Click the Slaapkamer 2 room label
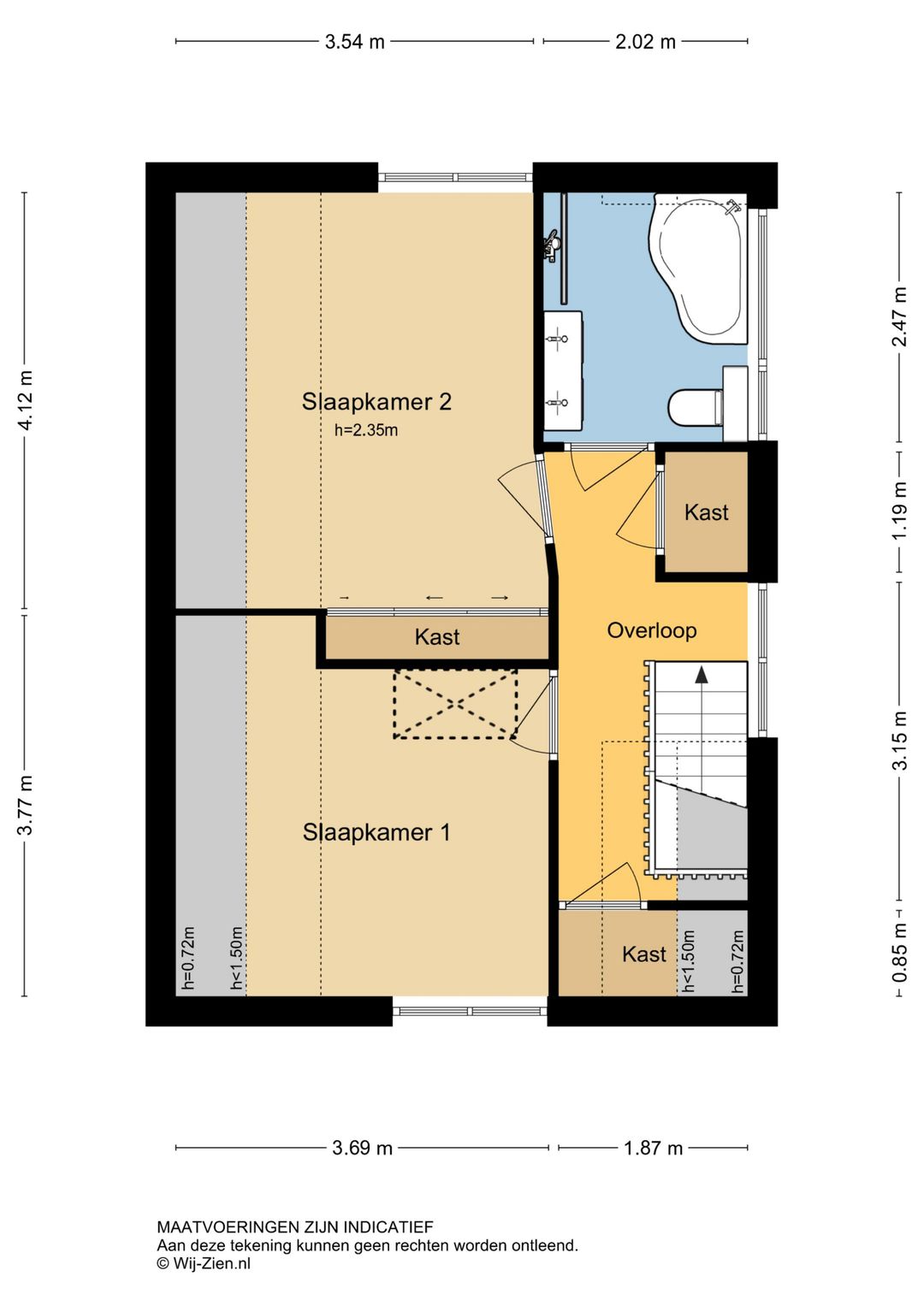tap(376, 402)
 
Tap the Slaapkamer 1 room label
tap(376, 832)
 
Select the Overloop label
tap(652, 630)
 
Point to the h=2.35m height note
tap(366, 430)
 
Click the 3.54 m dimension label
tap(355, 42)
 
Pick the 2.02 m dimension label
tap(645, 42)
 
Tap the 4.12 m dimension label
tap(26, 400)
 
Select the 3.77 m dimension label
tap(26, 805)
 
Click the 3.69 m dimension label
tap(362, 1148)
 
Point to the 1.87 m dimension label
tap(653, 1148)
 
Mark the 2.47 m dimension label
tap(899, 316)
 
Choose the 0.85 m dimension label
tap(899, 952)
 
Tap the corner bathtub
tap(698, 268)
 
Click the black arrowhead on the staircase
tap(702, 675)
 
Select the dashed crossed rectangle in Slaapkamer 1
tap(455, 704)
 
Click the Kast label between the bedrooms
tap(437, 636)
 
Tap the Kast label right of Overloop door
tap(707, 512)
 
